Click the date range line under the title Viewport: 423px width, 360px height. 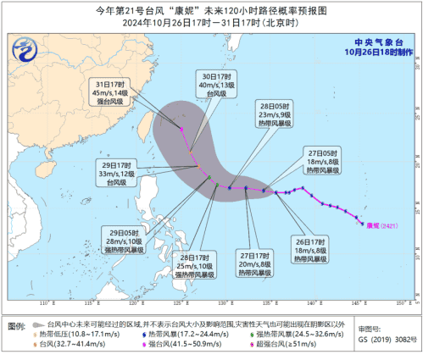211,23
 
